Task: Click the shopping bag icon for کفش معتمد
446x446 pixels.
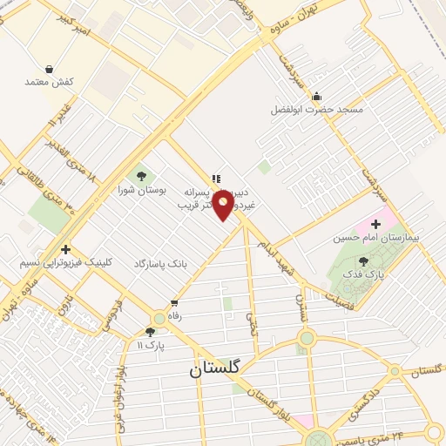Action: (x=49, y=68)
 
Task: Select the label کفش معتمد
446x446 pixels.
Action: (x=49, y=82)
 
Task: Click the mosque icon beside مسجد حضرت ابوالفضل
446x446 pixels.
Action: (x=316, y=96)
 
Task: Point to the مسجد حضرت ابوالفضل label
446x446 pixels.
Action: (x=316, y=110)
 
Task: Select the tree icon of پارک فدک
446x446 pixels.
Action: (x=363, y=260)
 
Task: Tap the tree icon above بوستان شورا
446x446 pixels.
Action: (x=141, y=176)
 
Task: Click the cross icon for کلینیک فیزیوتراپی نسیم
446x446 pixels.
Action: (x=65, y=249)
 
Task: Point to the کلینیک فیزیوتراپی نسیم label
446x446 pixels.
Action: (x=65, y=262)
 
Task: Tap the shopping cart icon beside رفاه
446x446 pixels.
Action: (x=158, y=318)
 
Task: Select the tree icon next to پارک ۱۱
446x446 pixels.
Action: (x=151, y=332)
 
